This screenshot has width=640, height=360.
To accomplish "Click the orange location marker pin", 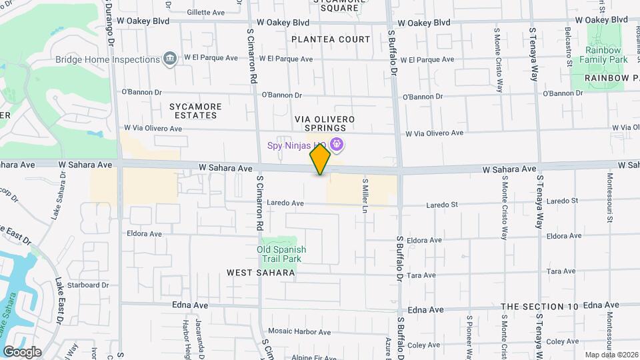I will click(320, 160).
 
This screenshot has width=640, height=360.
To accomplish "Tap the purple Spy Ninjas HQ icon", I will click(337, 143).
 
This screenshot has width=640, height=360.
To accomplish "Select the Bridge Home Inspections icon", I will click(170, 59).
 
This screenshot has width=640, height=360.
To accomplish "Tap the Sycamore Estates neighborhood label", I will click(193, 111).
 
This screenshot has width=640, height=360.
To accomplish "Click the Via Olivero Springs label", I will click(325, 123).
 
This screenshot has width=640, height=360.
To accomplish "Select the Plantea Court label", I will click(331, 39).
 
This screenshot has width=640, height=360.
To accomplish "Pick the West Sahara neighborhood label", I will click(260, 273).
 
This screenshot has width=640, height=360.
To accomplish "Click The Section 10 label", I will click(539, 306).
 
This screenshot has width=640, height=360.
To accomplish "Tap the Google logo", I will click(22, 351).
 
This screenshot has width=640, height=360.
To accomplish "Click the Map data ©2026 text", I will click(611, 355).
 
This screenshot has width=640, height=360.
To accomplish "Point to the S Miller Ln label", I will click(365, 191).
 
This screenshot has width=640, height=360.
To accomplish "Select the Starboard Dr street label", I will click(87, 285).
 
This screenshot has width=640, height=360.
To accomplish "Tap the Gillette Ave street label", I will click(206, 12).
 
